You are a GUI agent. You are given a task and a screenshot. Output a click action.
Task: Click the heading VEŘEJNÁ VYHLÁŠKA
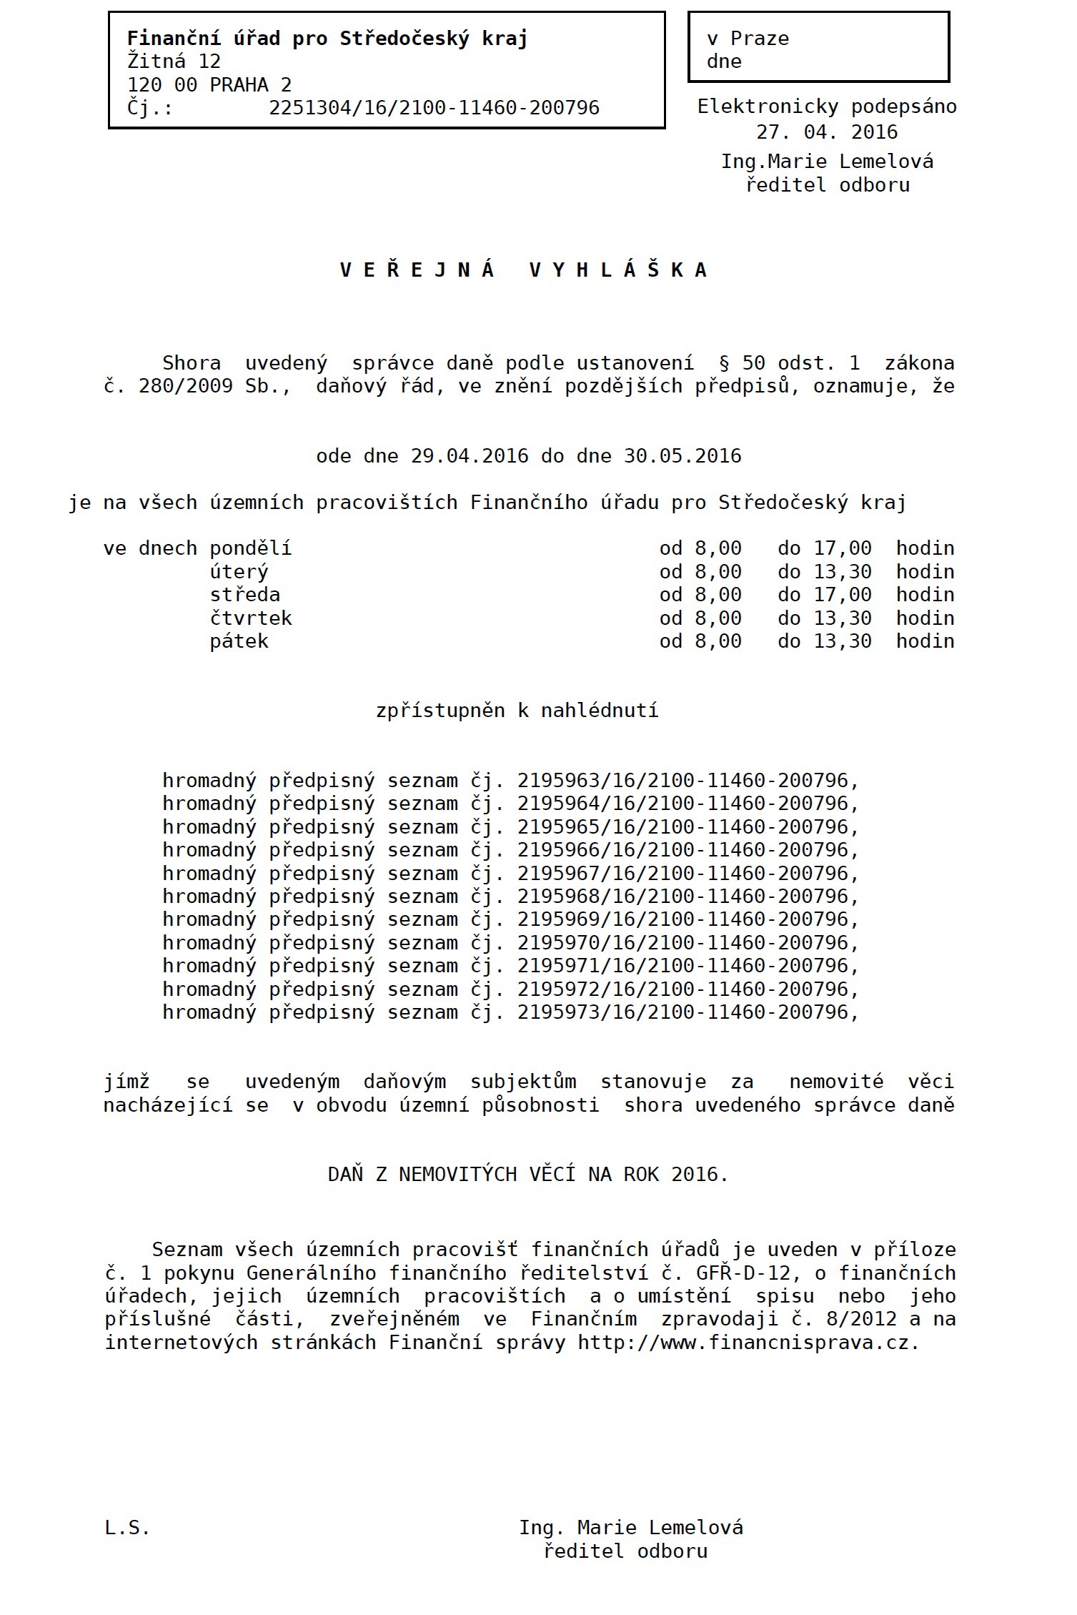point(524,270)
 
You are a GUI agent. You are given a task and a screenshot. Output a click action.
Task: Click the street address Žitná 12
point(174,61)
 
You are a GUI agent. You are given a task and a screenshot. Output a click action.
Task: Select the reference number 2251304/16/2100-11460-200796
point(434,108)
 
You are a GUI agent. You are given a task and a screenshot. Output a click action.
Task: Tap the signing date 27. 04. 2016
point(827,132)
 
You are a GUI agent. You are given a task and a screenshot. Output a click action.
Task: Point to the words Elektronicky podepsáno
point(827,107)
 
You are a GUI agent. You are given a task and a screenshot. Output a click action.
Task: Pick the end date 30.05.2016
point(683,456)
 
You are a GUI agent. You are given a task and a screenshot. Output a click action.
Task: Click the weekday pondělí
point(250,549)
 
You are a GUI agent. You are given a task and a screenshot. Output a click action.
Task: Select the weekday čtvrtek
point(250,618)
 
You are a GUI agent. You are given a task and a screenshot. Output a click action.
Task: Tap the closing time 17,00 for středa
point(843,595)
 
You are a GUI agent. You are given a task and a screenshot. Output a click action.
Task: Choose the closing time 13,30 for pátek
point(843,641)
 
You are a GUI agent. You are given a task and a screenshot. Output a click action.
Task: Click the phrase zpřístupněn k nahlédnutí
point(517,711)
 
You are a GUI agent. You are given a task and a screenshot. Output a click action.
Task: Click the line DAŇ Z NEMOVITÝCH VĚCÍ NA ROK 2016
point(527,1175)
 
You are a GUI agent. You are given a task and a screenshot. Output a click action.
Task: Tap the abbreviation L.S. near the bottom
point(127,1528)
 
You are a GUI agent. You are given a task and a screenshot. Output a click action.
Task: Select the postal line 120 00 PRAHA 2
point(209,85)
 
